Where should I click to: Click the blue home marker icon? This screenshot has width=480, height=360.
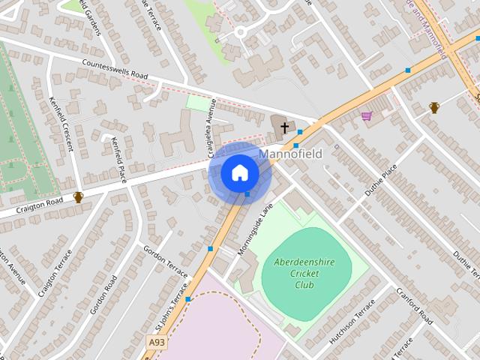click(239, 173)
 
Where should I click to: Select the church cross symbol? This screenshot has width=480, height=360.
click(285, 128)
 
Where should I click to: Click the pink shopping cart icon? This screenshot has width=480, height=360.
click(366, 115)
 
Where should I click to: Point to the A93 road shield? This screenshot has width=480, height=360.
click(156, 342)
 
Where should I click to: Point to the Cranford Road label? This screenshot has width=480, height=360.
click(415, 306)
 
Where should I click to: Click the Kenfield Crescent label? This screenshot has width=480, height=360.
click(62, 123)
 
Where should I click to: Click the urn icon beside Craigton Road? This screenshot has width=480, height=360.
click(78, 197)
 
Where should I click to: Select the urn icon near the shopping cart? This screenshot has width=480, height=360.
click(434, 108)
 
